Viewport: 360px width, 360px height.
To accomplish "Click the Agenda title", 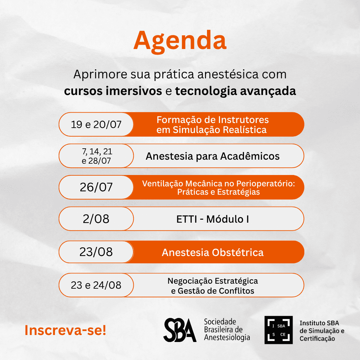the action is pos(180,41).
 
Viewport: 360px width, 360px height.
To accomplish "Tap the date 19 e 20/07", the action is pos(96,124).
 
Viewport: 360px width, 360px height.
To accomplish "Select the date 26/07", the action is pos(96,187).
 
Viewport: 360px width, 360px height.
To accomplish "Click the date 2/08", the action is pos(96,219).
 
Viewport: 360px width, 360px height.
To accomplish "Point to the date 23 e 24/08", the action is pos(96,285).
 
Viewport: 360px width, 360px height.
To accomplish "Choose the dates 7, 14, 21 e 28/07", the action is pos(97,156).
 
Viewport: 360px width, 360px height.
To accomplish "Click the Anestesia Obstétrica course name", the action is pos(213,252).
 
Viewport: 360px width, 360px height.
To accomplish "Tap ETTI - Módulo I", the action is pos(213,219).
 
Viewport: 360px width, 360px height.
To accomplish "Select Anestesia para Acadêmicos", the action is pos(213,156).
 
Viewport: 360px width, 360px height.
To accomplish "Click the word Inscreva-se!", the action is pos(65,330).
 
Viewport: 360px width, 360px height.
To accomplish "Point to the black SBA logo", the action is pos(180,330).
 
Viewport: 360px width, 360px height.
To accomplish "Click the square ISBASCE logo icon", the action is pos(278,330).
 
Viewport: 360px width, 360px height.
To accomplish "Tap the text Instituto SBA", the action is pos(319,323).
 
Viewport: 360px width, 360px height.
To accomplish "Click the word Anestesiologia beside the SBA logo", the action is pos(227,337).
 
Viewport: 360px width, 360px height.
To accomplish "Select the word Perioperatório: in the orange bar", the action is pos(266,184).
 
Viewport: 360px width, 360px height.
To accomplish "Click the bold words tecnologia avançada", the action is pos(236,91).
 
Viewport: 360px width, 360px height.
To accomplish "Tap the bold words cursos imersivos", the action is pos(113,91).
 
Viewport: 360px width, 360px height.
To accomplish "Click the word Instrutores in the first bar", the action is pos(243,120).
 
